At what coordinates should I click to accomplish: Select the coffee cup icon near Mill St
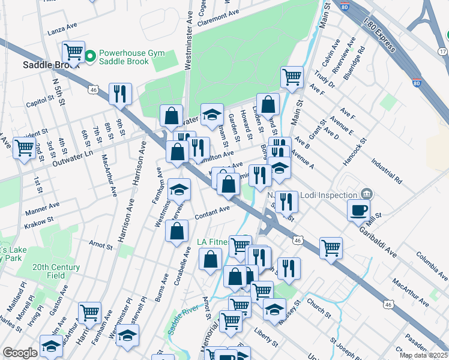click(359, 210)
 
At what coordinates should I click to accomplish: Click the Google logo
click(20, 353)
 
